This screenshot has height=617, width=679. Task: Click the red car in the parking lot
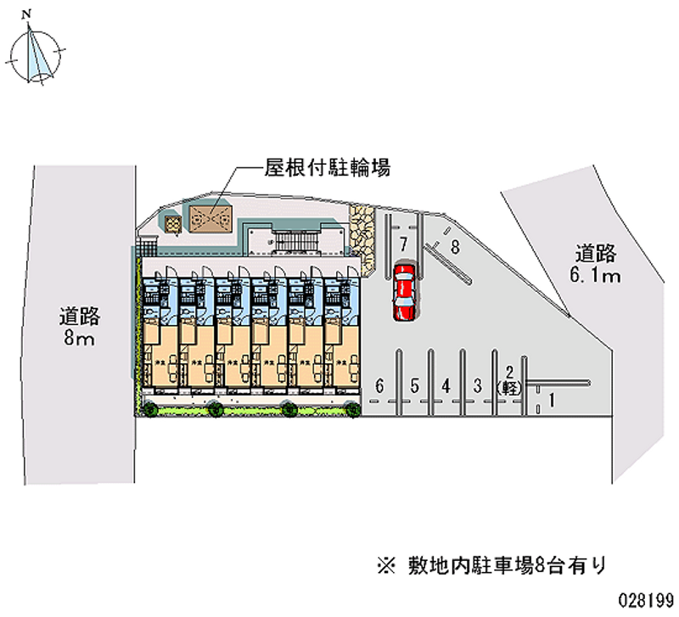click(x=405, y=292)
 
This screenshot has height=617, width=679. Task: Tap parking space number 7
click(x=404, y=244)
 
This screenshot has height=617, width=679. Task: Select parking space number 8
click(x=455, y=248)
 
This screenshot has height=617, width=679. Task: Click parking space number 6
click(x=380, y=385)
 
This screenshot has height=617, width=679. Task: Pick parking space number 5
click(x=414, y=385)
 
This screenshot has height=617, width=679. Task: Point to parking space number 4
click(x=446, y=385)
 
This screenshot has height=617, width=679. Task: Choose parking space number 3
click(x=478, y=385)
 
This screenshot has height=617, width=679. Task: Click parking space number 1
click(x=553, y=399)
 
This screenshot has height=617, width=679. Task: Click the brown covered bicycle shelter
click(x=210, y=219)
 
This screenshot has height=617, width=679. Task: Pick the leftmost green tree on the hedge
click(x=150, y=411)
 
